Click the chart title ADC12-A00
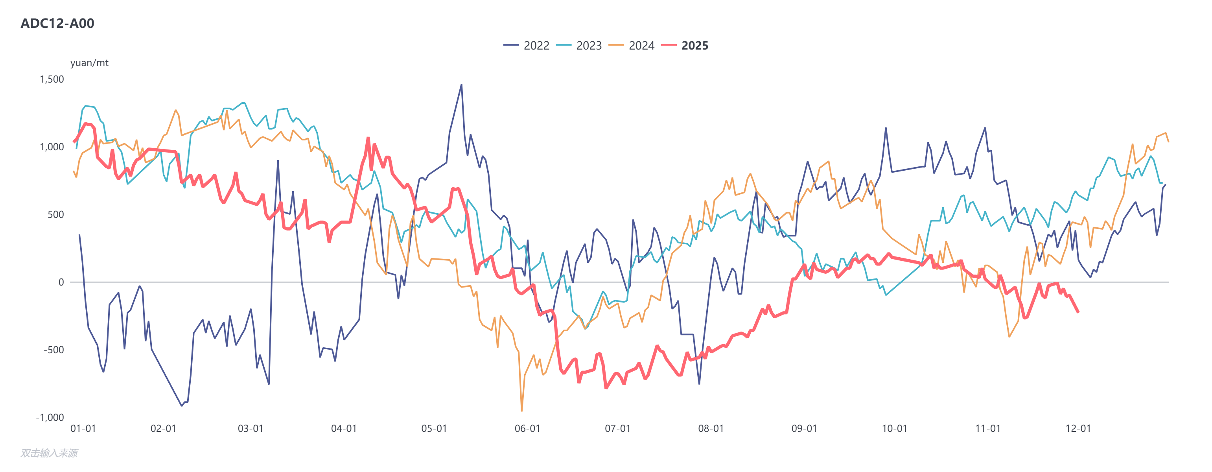(57, 23)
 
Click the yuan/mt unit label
(89, 63)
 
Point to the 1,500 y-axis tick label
(52, 79)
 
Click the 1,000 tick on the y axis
(52, 147)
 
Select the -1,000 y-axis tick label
(50, 417)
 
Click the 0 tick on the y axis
(61, 282)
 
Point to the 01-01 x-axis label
(83, 429)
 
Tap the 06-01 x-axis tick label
(527, 429)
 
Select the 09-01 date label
(804, 429)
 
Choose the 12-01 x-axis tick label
(1078, 429)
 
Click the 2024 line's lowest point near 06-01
(521, 411)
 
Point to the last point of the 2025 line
(1078, 312)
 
